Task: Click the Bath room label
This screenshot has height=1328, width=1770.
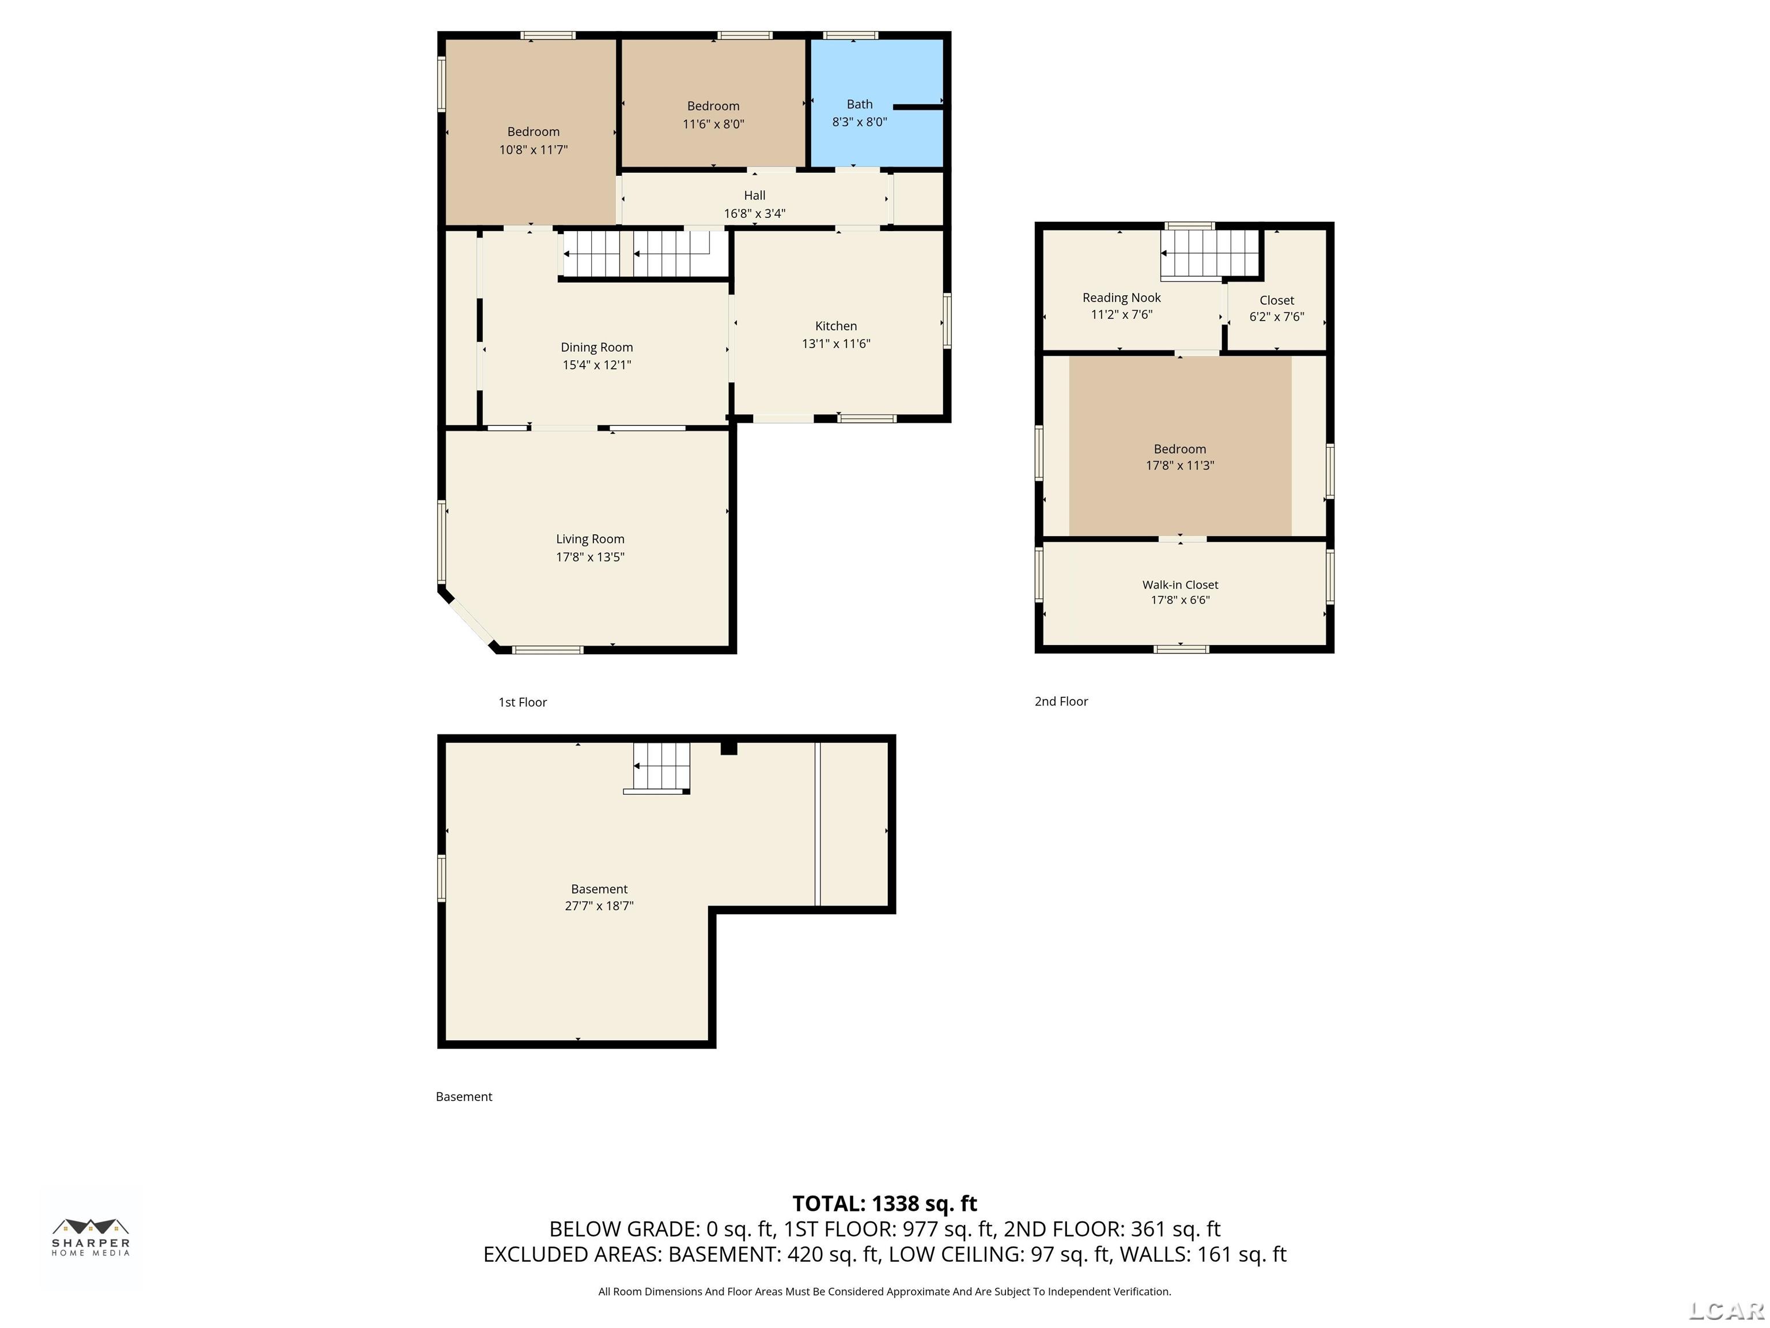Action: point(860,104)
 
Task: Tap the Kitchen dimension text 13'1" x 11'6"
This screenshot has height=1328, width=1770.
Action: point(836,344)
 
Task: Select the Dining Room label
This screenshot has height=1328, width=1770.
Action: point(597,348)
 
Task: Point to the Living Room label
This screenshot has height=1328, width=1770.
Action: point(591,539)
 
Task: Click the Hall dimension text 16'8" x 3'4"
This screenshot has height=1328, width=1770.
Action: point(755,214)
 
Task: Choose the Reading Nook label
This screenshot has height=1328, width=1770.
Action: point(1122,298)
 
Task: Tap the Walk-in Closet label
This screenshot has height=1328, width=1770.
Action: point(1180,585)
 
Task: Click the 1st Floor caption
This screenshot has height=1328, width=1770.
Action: point(523,702)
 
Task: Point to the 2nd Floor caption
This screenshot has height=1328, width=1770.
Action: point(1061,701)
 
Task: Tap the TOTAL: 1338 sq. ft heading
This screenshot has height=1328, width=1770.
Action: point(885,1204)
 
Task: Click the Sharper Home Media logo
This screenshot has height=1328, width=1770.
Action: point(91,1238)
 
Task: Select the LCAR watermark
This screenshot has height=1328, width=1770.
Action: point(1727,1310)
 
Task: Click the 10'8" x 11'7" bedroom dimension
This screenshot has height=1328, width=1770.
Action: point(534,150)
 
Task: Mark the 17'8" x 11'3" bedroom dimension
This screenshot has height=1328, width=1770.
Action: point(1180,465)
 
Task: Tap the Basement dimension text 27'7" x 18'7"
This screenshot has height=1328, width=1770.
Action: point(599,906)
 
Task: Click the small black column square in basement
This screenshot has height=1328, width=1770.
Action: point(728,749)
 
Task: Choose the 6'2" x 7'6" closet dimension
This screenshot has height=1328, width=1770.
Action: point(1277,317)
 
